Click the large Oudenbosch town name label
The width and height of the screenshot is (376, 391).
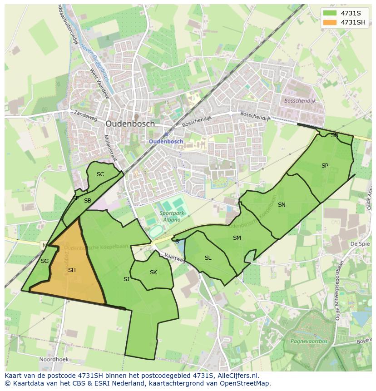point(130,124)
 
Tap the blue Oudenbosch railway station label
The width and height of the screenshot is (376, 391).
point(166,141)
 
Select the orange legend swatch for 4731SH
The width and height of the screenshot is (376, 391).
point(331,22)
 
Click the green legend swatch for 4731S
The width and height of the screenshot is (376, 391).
point(331,13)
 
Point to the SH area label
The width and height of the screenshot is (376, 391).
point(72,270)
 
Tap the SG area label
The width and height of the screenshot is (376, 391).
point(45,261)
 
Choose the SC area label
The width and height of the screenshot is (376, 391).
point(100,174)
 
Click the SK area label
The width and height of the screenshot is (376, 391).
point(153,272)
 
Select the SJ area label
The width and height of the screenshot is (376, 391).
point(126,279)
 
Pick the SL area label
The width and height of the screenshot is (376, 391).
point(208,258)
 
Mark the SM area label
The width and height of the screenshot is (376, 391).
point(237,238)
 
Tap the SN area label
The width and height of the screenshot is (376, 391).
point(282,205)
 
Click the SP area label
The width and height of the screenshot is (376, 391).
point(325,166)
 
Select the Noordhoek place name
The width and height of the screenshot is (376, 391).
point(54,359)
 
